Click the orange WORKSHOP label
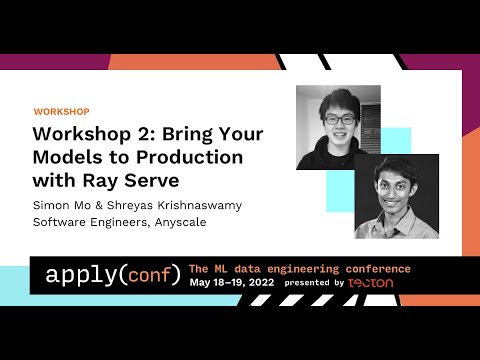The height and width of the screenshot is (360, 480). tap(62, 111)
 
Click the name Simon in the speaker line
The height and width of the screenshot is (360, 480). tap(52, 205)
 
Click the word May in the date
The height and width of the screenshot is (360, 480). tap(201, 283)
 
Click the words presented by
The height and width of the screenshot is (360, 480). tap(314, 283)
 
